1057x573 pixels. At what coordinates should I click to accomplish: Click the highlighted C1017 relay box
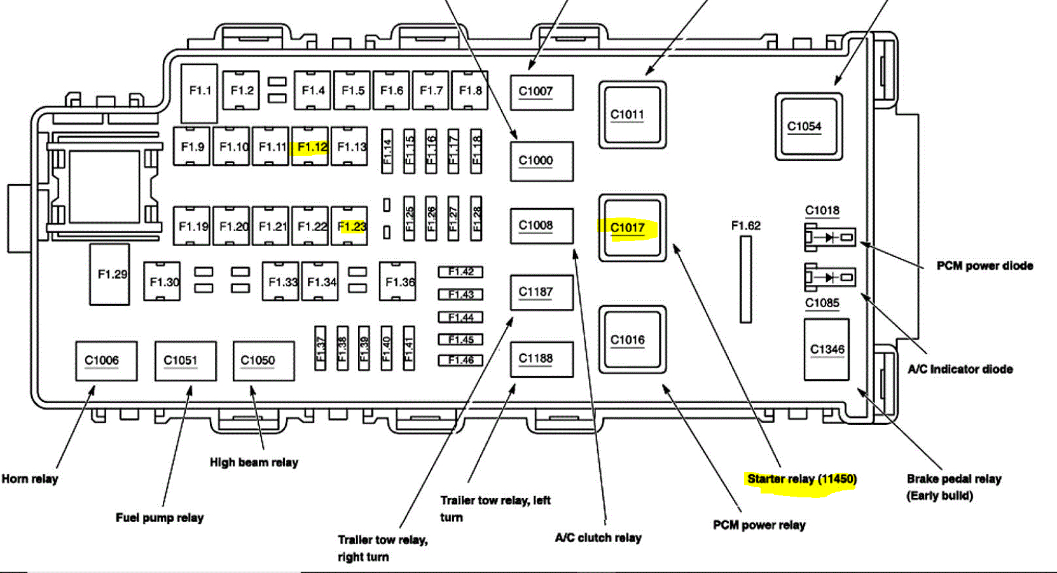[632, 228]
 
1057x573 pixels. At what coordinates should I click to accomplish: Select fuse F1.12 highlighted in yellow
[310, 147]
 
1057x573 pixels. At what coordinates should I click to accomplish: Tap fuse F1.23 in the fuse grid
[350, 226]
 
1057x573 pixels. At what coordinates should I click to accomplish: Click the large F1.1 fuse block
[200, 93]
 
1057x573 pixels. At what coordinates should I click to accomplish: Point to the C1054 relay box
[808, 127]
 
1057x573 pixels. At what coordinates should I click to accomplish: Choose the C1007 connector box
[541, 92]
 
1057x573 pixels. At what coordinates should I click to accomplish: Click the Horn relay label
[30, 479]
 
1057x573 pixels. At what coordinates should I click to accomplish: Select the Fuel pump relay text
[160, 518]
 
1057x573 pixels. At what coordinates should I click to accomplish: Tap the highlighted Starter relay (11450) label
[801, 479]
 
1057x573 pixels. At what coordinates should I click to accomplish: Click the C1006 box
[106, 361]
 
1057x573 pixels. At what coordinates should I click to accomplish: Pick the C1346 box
[827, 350]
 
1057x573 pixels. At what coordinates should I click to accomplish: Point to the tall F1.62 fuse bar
[745, 279]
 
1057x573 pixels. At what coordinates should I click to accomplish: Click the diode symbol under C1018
[830, 238]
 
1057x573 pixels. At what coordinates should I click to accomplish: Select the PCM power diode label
[984, 266]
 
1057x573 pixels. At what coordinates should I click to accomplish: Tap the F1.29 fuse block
[110, 275]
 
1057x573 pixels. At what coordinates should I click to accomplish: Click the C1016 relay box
[632, 340]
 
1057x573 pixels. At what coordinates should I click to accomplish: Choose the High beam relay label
[254, 462]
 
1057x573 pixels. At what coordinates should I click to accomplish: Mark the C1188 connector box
[541, 359]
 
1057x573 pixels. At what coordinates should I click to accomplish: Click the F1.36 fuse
[398, 281]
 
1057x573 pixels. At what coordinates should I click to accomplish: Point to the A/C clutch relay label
[598, 537]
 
